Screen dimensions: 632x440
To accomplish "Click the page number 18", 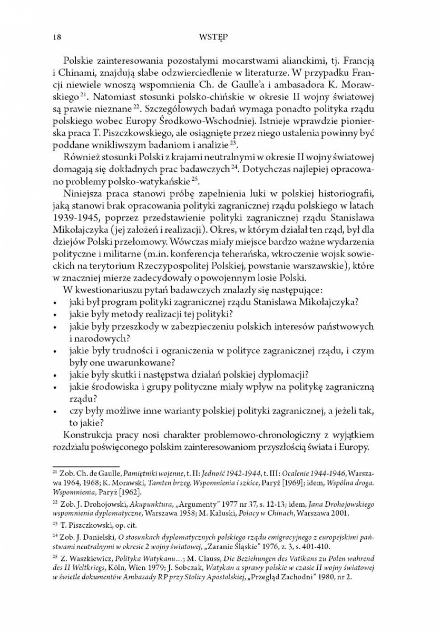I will click(x=57, y=37).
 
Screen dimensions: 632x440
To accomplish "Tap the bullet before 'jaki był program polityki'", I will click(x=55, y=303).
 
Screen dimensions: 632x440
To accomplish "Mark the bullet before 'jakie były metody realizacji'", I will click(x=55, y=315).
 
